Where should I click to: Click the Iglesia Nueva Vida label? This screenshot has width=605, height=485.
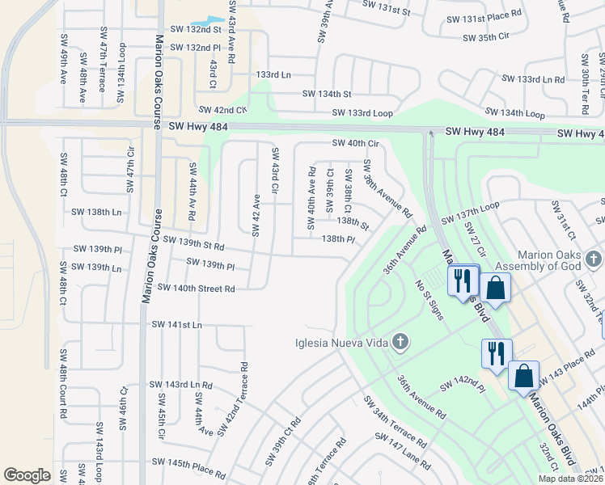click(x=339, y=343)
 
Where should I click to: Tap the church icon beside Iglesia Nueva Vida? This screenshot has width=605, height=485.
click(x=399, y=343)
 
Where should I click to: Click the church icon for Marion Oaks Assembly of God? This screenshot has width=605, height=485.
click(x=594, y=259)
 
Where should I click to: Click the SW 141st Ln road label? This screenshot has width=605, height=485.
click(x=176, y=324)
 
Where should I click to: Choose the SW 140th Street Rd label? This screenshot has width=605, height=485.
click(x=196, y=288)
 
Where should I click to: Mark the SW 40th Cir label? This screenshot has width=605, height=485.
click(x=356, y=144)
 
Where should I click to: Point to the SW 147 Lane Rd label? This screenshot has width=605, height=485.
click(x=403, y=449)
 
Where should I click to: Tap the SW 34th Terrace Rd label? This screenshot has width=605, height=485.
click(x=395, y=423)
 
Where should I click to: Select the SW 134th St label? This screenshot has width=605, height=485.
click(x=327, y=94)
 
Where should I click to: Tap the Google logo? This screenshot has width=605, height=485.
click(x=27, y=475)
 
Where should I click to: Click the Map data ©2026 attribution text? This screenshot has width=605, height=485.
click(x=569, y=479)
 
